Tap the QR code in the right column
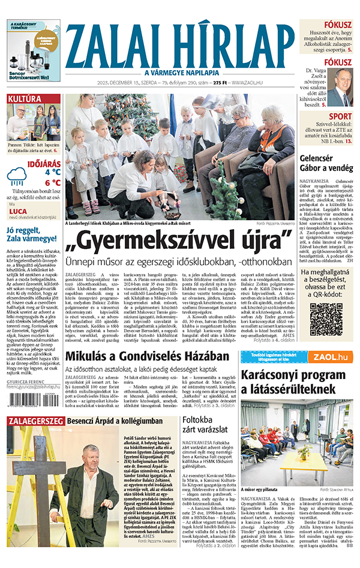coord(326,318)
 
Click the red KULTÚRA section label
coord(25,99)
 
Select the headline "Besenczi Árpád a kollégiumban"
coord(115,422)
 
